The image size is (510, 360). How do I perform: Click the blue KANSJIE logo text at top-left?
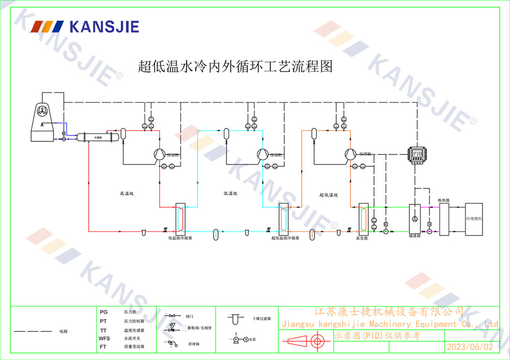(x=105, y=27)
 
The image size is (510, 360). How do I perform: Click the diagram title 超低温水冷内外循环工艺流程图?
(x=235, y=67)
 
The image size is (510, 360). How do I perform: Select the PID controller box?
(x=417, y=153)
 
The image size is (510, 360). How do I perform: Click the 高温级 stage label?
(x=126, y=194)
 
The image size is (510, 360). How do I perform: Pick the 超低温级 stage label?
(x=329, y=195)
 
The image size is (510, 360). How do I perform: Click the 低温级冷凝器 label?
(x=180, y=238)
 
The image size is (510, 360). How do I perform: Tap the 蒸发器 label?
(x=362, y=238)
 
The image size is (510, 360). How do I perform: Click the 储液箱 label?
(x=414, y=237)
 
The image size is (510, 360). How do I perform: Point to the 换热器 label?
(x=444, y=200)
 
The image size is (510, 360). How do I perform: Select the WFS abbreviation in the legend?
(x=104, y=338)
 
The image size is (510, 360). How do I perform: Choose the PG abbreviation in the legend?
(x=104, y=312)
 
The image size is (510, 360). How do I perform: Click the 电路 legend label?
(x=63, y=331)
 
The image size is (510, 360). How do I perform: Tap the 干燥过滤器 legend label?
(x=262, y=318)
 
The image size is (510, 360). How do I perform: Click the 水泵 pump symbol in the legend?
(x=237, y=339)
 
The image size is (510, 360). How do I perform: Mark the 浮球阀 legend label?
(x=193, y=345)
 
